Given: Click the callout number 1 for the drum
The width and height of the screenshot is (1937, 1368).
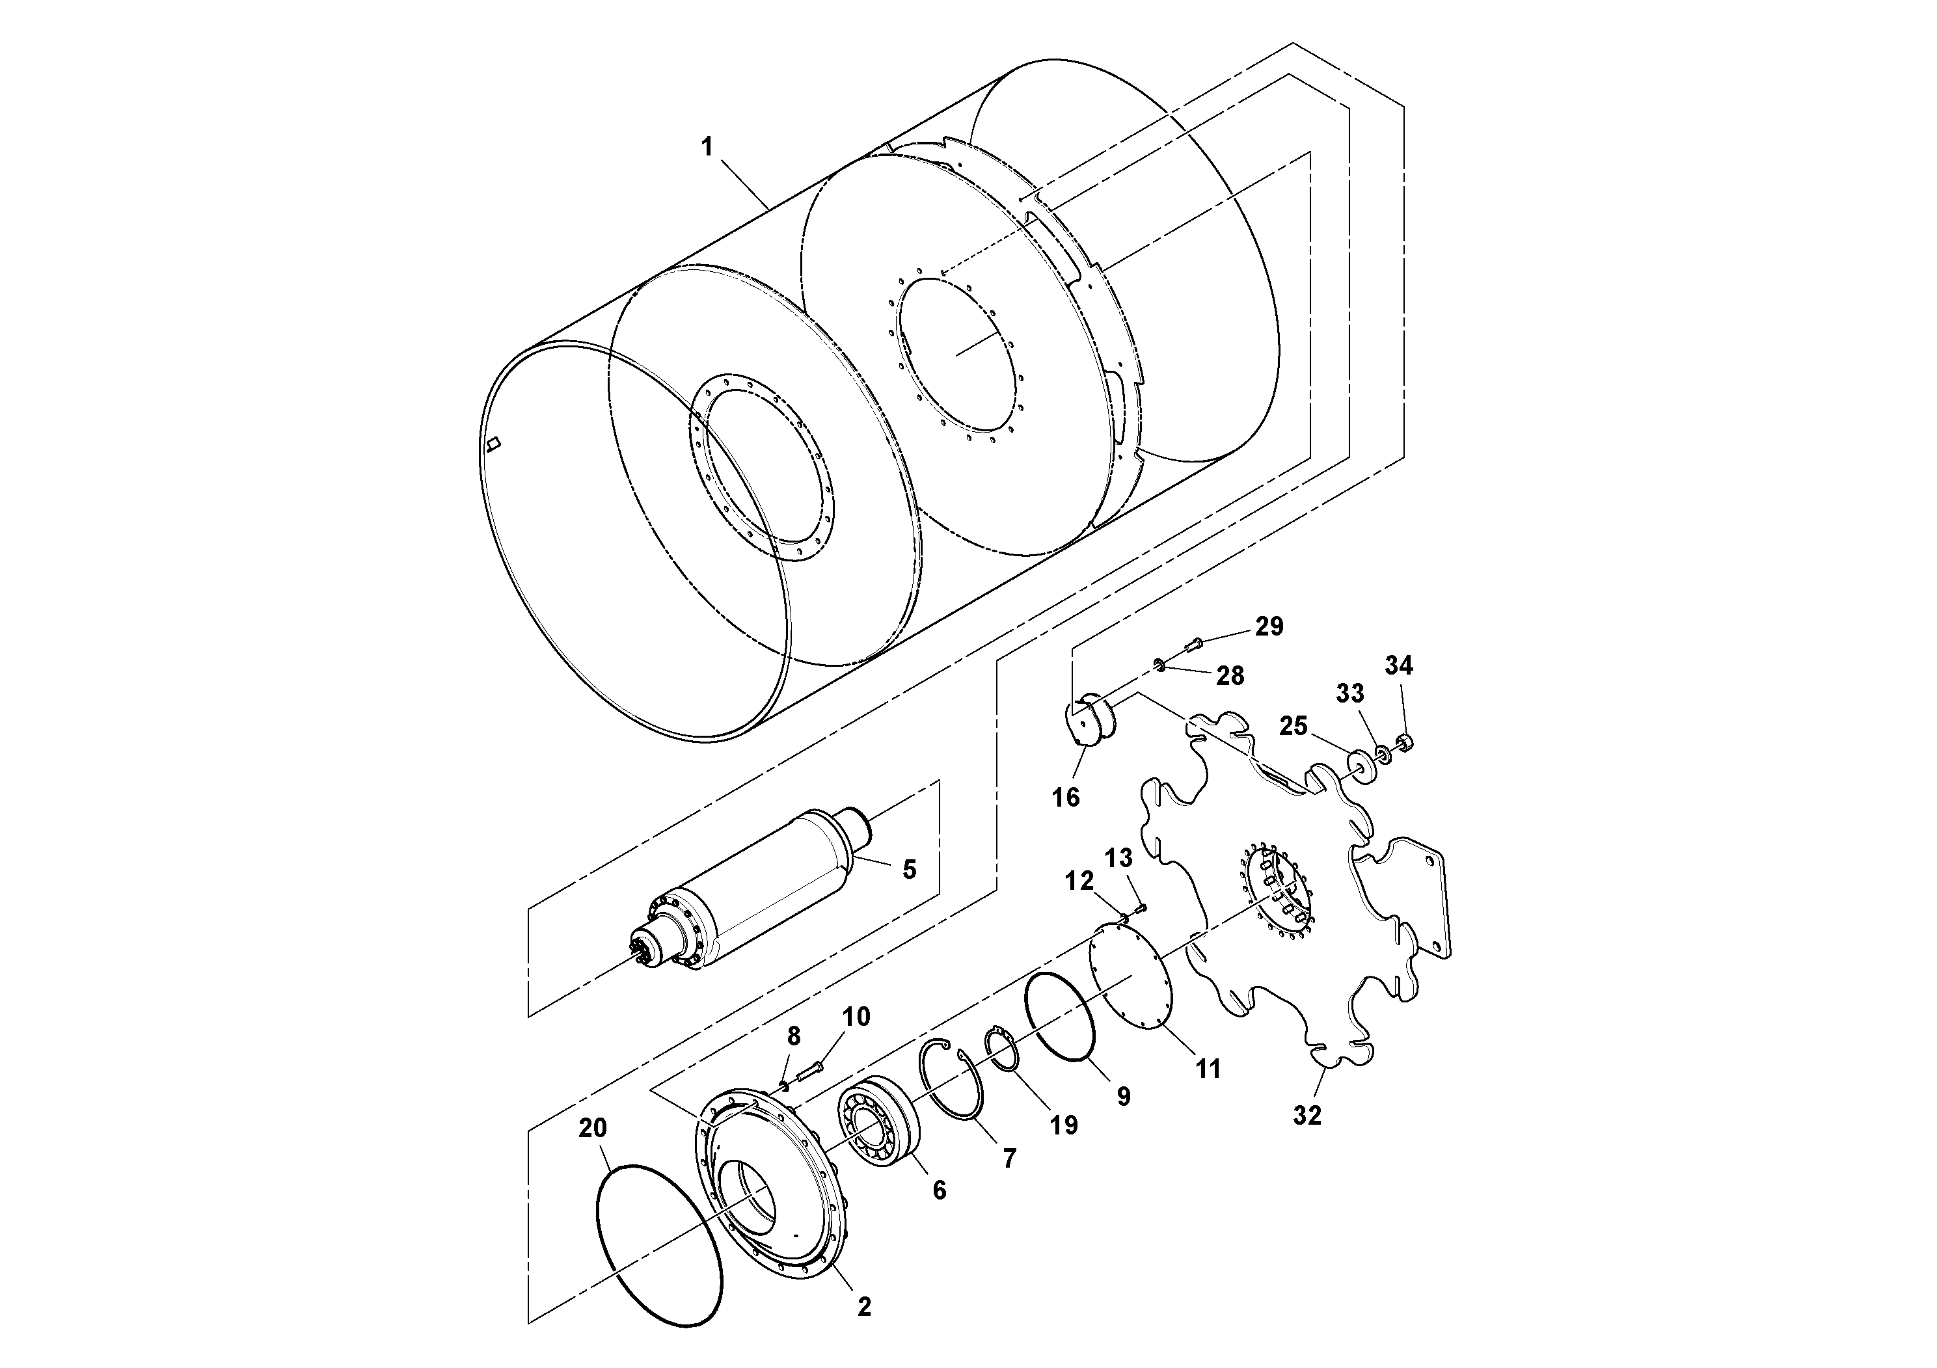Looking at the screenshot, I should pyautogui.click(x=707, y=147).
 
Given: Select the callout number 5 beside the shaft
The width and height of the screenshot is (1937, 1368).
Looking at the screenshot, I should pyautogui.click(x=908, y=870).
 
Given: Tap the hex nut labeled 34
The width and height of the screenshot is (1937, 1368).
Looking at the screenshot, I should pyautogui.click(x=1405, y=742).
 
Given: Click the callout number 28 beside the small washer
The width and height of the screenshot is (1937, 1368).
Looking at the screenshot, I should pyautogui.click(x=1230, y=676).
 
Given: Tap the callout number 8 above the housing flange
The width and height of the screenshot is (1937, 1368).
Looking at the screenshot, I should pyautogui.click(x=794, y=1035).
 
